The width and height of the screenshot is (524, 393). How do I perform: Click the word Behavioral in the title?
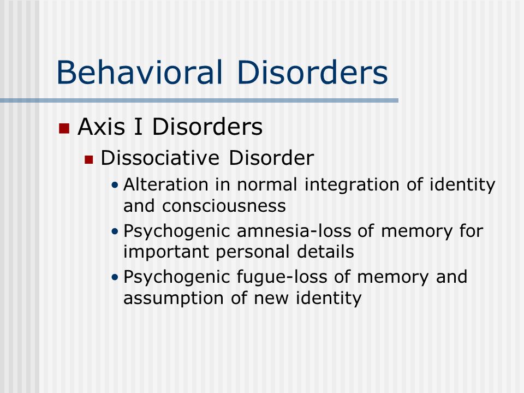coord(139,72)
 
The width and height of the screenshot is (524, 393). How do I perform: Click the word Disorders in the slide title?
coord(312,72)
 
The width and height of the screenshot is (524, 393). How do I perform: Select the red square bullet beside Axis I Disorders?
coord(64,128)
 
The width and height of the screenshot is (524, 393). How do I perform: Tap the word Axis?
coord(102,127)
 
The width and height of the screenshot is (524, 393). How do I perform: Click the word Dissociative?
coord(160,158)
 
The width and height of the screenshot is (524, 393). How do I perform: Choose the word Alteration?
coord(166,184)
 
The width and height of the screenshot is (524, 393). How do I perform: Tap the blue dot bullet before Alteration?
coord(115,185)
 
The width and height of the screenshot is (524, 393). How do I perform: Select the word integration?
coord(352,185)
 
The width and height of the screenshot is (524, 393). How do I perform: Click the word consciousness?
coord(224,206)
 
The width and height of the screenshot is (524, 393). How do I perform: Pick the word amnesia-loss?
coord(294,231)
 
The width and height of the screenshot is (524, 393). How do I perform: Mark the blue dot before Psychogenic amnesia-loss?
coord(115,231)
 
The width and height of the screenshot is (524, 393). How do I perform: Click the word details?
coord(325,251)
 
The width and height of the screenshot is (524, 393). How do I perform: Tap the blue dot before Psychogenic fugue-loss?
coord(115,277)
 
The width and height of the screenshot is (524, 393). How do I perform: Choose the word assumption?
coord(174,299)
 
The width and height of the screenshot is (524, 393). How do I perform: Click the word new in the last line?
coord(271,299)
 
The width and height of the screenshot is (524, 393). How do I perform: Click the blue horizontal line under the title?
coord(199,100)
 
